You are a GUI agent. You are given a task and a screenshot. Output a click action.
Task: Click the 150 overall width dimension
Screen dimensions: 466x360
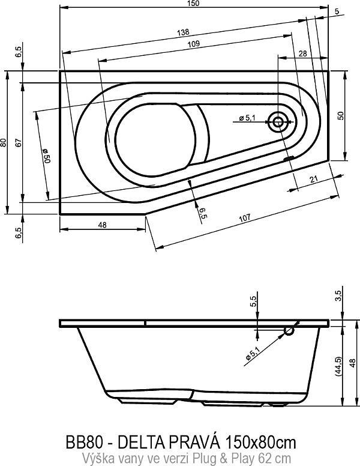coord(194,4)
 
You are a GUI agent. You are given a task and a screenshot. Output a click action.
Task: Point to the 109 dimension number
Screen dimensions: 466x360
coord(193,45)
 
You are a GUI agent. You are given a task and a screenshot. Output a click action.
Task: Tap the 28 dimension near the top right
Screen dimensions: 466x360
coord(302,54)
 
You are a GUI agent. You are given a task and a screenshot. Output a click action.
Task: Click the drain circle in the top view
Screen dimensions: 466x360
coord(278,122)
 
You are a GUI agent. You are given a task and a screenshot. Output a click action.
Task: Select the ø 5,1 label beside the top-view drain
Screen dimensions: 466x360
coord(247,118)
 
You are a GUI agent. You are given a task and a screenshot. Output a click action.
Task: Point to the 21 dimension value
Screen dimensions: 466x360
coord(314,178)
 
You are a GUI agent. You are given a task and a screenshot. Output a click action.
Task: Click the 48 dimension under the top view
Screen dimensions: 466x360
coord(101,225)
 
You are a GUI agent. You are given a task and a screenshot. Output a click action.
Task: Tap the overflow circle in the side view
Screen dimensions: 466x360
coord(290,330)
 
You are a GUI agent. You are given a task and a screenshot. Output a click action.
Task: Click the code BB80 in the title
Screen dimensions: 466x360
coord(81,443)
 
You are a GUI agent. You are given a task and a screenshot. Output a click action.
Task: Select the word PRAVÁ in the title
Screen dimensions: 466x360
coord(196,443)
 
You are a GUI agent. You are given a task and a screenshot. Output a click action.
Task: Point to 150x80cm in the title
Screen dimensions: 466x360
coord(260,443)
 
